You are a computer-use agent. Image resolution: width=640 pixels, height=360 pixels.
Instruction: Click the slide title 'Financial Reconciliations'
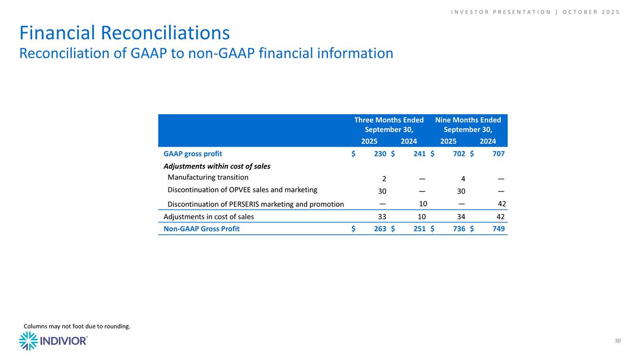coord(124,33)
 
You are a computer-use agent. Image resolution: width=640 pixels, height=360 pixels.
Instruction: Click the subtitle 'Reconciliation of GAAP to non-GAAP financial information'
coord(206,53)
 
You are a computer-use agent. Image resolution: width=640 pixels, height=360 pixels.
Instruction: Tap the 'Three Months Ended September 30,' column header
coord(389,125)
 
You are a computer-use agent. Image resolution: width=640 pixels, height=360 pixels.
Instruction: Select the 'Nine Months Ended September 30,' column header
coord(468,125)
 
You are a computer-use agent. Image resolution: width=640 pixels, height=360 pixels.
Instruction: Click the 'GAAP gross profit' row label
coord(193,154)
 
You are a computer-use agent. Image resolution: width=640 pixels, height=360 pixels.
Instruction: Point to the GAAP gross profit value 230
coord(379,154)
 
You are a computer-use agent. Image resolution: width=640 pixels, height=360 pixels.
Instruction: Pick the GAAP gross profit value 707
coord(498,154)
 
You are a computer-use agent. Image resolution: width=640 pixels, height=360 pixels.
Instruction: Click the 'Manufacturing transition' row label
coord(208,178)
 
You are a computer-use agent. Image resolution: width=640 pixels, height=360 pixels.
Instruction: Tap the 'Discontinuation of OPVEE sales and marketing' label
coord(242,190)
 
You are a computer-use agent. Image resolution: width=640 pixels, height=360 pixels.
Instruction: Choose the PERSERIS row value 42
coord(501,203)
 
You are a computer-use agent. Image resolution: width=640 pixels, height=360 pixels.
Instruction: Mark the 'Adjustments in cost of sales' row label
coord(209,217)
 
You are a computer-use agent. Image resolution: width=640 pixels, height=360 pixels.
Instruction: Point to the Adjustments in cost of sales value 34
coord(461,217)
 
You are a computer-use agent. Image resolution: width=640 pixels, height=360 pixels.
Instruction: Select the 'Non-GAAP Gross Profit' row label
coord(201,229)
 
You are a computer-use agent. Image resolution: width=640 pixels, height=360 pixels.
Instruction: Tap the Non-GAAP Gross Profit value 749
coord(498,229)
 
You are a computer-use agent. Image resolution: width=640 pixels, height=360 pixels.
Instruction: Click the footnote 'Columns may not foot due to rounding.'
coord(76,326)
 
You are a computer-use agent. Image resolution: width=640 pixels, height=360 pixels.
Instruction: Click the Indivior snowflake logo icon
coord(28,341)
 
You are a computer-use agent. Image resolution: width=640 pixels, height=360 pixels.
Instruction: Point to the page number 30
coord(618,341)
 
